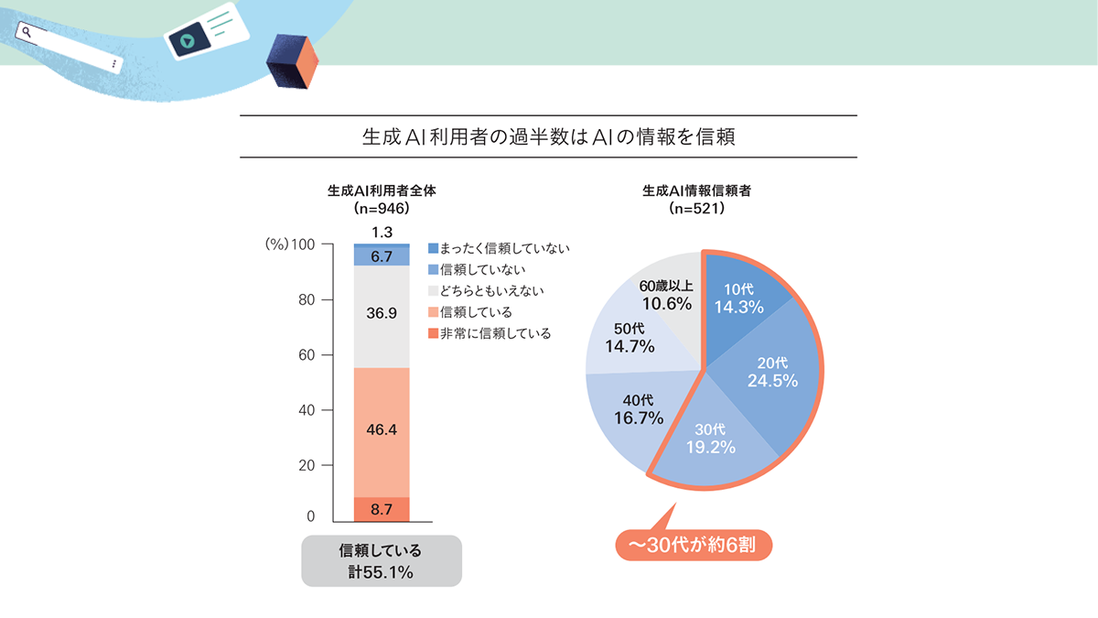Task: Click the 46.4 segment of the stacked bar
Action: (382, 431)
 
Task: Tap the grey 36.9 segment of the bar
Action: (382, 314)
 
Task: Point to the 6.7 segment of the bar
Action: (382, 257)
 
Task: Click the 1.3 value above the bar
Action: (382, 233)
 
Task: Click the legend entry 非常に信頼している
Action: (489, 334)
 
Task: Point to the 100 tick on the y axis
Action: (303, 245)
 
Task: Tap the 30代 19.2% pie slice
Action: (710, 439)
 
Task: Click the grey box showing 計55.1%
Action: (382, 561)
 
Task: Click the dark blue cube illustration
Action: (291, 61)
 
